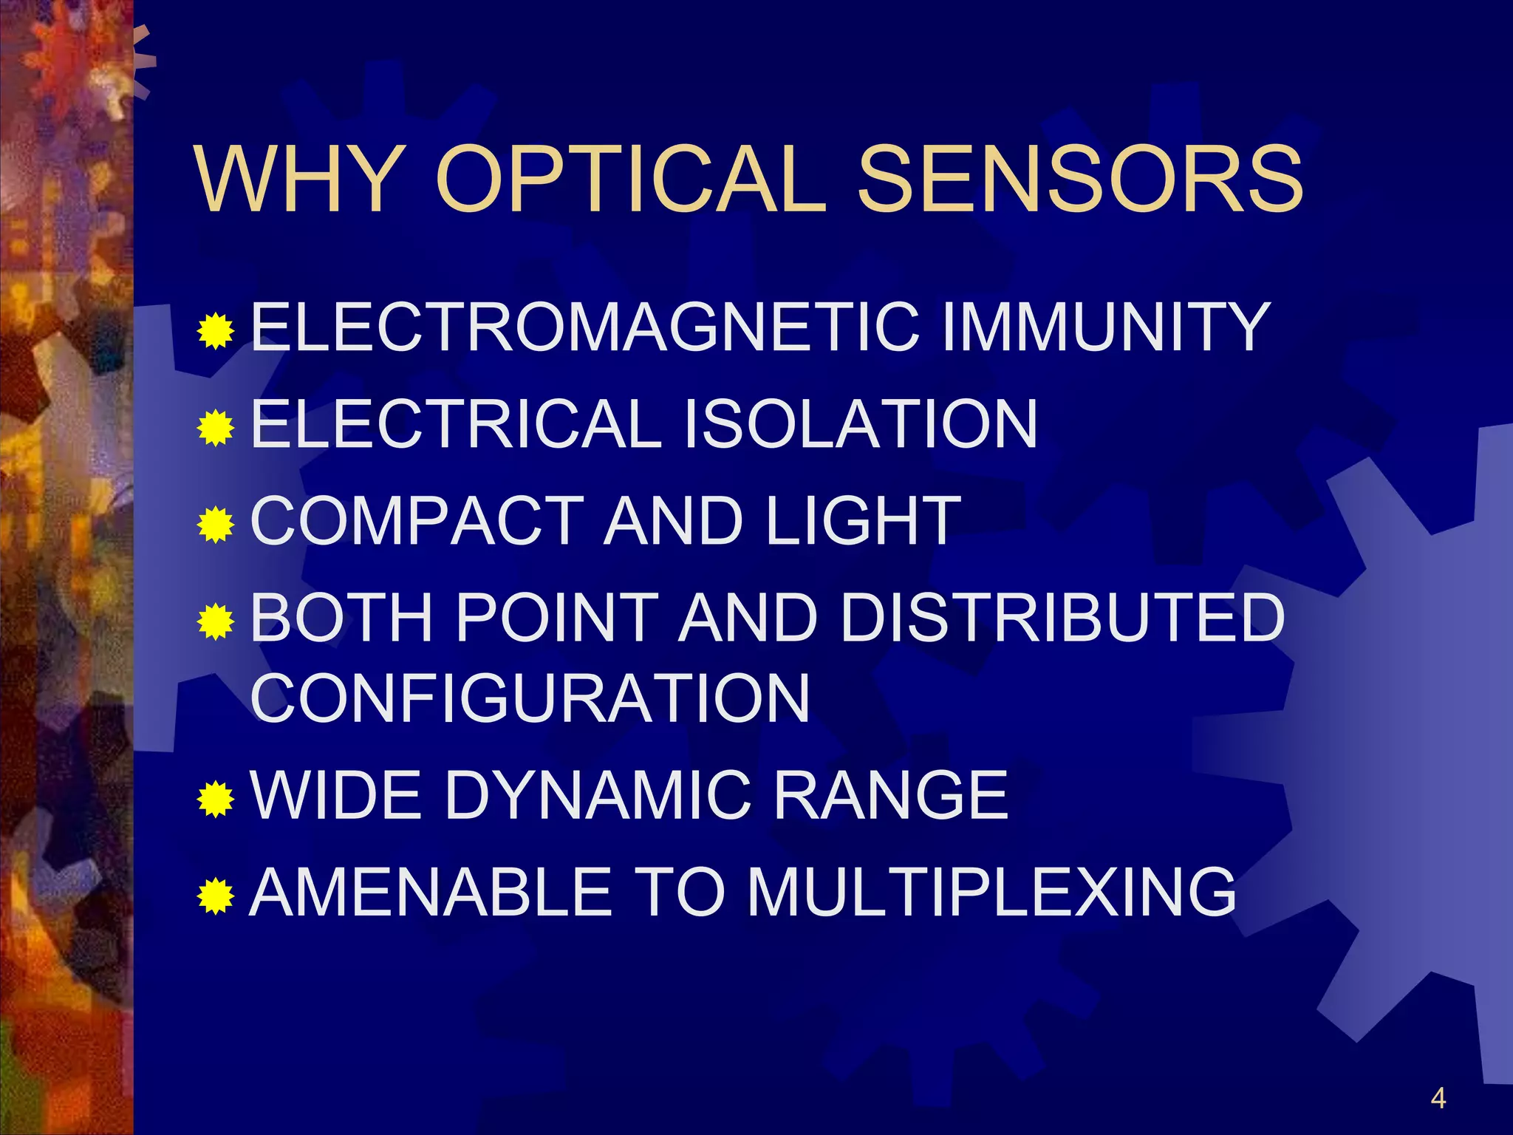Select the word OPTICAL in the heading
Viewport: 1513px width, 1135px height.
point(630,180)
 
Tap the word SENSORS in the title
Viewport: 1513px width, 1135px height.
point(1079,180)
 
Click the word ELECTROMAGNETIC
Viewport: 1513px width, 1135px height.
point(584,327)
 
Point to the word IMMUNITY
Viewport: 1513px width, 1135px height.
point(1105,327)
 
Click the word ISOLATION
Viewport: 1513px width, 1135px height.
point(861,423)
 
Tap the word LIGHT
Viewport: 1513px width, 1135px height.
point(863,521)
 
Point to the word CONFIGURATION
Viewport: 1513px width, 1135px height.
point(530,698)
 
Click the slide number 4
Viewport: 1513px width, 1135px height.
point(1438,1098)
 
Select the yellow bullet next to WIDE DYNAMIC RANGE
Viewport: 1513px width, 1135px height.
point(216,799)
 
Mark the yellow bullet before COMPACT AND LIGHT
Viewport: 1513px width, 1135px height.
point(216,525)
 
